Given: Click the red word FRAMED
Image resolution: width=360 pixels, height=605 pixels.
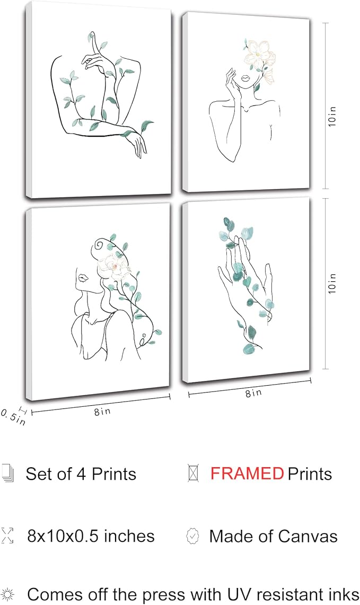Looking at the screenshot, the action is click(247, 474).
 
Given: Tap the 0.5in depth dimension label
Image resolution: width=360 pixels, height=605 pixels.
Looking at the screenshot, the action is click(13, 417).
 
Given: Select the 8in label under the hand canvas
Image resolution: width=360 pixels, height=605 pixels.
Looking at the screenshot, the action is click(253, 393).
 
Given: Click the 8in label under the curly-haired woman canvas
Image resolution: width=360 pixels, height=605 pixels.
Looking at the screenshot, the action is click(102, 411).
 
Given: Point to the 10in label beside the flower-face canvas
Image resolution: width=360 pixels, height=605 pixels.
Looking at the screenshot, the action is click(332, 116).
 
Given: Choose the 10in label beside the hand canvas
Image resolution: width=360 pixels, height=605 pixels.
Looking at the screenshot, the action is click(332, 283).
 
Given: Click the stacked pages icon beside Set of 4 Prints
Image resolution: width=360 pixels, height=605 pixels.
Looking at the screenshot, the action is click(8, 474).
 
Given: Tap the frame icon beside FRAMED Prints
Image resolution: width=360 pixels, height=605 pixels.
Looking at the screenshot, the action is click(193, 473).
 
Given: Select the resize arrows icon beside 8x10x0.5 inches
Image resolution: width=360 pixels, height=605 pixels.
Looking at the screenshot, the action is click(7, 536).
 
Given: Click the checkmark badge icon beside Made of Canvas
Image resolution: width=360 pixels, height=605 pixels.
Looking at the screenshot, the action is click(193, 536).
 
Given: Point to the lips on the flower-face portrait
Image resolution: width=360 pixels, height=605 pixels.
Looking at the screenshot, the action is click(245, 79).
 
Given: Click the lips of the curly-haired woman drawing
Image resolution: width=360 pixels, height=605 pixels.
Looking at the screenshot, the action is click(82, 277).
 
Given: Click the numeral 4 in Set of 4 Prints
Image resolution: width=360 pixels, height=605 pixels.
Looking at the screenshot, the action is click(81, 474).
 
